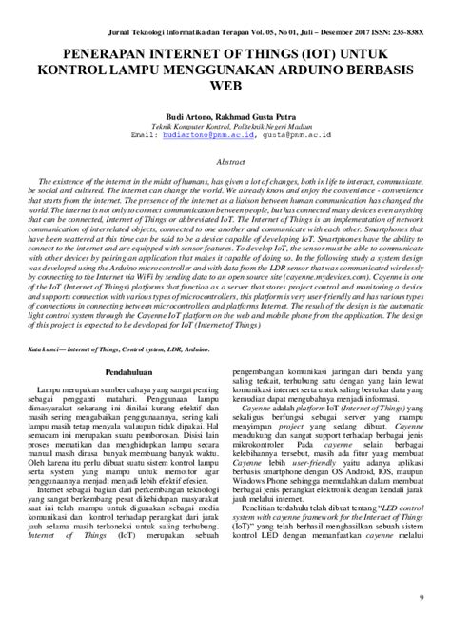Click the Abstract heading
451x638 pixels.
pos(225,163)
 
